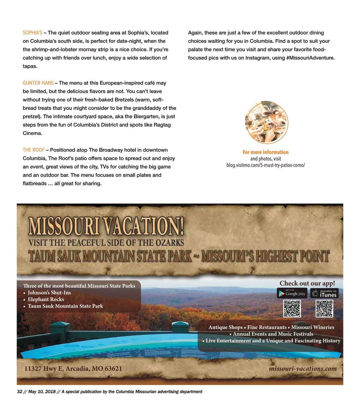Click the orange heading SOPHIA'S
click(x=32, y=33)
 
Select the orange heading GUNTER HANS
click(x=38, y=83)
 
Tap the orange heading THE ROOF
click(x=34, y=150)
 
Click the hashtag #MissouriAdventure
click(x=310, y=58)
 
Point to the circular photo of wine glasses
click(x=266, y=123)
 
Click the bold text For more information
click(x=265, y=152)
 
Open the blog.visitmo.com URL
click(x=265, y=165)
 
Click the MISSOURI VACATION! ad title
click(x=106, y=226)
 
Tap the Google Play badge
click(x=292, y=293)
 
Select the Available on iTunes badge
click(x=324, y=293)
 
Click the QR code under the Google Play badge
click(x=292, y=309)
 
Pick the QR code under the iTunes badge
click(x=324, y=309)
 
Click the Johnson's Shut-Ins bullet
click(x=49, y=293)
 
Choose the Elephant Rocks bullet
click(x=46, y=299)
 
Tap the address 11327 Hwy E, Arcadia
click(x=73, y=369)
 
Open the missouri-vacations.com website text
click(x=303, y=369)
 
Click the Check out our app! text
click(x=307, y=283)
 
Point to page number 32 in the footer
click(x=20, y=391)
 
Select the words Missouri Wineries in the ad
click(x=312, y=327)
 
